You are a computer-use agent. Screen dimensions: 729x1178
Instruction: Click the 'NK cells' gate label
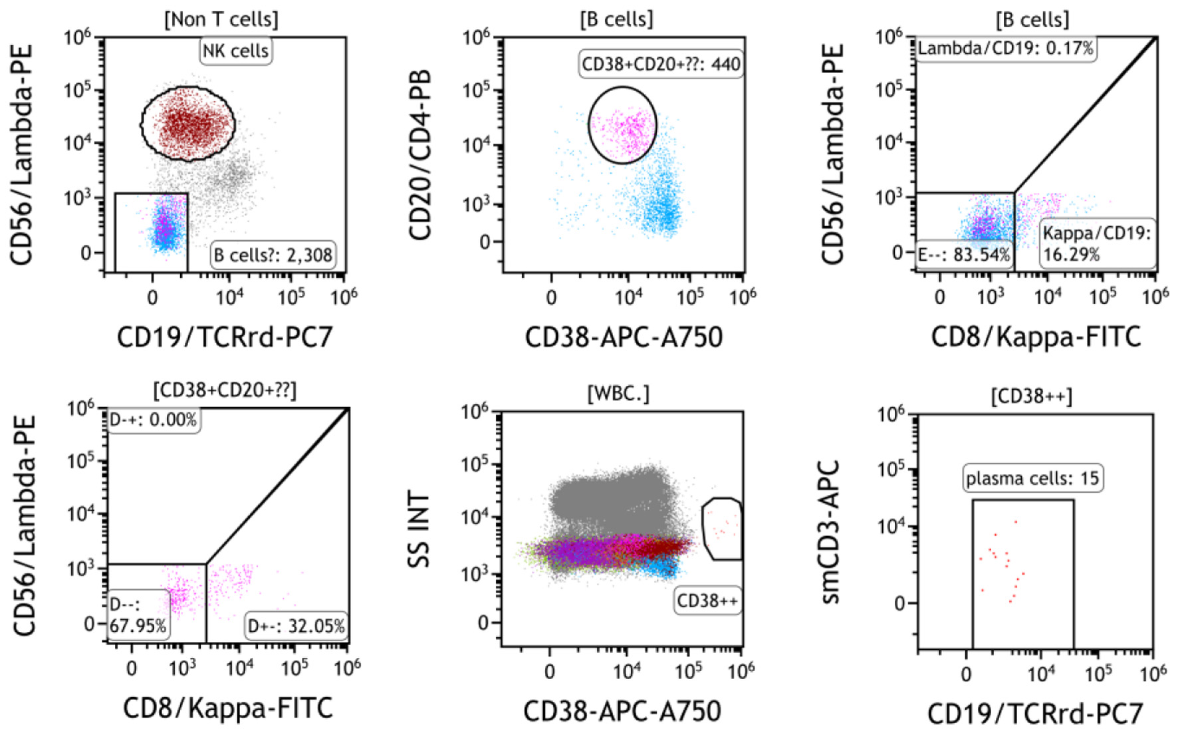pos(235,51)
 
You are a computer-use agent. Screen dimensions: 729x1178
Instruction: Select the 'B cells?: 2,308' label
pos(273,255)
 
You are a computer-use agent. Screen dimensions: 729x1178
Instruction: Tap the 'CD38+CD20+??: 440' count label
pos(661,65)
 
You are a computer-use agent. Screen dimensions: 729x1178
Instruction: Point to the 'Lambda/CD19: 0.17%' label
pos(1005,49)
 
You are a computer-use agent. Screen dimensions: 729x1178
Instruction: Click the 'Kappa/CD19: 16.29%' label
pos(1096,243)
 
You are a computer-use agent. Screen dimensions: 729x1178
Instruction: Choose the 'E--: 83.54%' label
pos(964,255)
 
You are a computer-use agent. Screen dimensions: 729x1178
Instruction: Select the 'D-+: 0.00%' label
pos(153,420)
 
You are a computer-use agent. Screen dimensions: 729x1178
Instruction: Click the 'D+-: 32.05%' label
pos(296,626)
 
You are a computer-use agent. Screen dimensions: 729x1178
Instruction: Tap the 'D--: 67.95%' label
pos(138,615)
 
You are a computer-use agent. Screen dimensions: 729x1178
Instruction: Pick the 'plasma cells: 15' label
pos(1032,478)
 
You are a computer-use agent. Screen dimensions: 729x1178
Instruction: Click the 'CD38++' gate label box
pos(707,601)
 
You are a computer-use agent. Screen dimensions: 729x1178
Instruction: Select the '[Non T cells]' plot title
pos(221,19)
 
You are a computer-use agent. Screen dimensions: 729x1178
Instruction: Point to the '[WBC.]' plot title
pos(618,394)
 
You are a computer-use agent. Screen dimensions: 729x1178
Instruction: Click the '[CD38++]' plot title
pos(1031,396)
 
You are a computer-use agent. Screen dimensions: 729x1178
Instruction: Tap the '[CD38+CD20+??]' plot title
pos(225,390)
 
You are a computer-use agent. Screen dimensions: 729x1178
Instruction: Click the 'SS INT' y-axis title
pos(419,529)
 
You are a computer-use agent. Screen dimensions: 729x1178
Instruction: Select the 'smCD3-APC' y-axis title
pos(831,532)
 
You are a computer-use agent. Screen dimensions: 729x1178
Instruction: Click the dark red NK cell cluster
pos(187,124)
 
